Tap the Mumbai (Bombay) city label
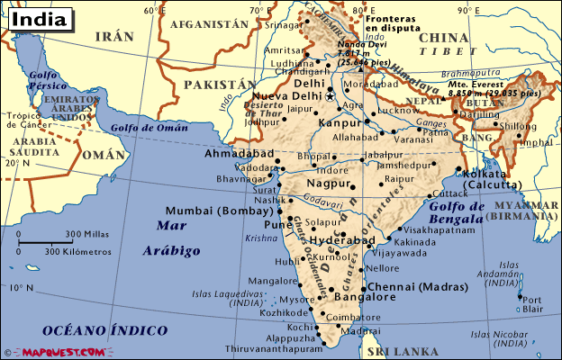pos(219,211)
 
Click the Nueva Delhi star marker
pos(331,94)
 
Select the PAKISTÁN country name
pos(214,84)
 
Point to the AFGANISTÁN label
pos(207,24)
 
